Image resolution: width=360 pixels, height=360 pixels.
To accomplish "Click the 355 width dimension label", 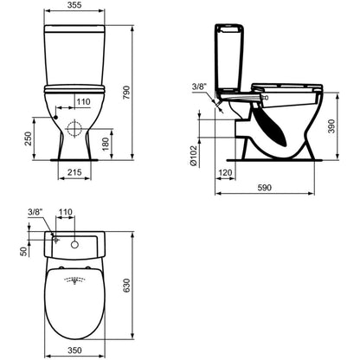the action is pos(75,5).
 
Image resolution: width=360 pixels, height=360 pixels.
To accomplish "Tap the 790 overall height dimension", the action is pos(126,93).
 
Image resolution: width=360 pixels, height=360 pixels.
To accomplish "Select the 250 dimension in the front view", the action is pos(28,138).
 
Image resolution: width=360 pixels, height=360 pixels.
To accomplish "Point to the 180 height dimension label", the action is pos(106,144).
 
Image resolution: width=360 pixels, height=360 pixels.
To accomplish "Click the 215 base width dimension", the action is pos(74,172).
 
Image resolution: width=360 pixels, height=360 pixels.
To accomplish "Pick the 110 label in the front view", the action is pos(83,101).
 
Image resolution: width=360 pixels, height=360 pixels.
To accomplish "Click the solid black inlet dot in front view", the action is pos(56,117).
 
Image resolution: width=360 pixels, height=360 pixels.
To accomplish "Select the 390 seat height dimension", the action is pos(331,126).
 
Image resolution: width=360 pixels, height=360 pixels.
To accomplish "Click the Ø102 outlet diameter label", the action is pos(193,156).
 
